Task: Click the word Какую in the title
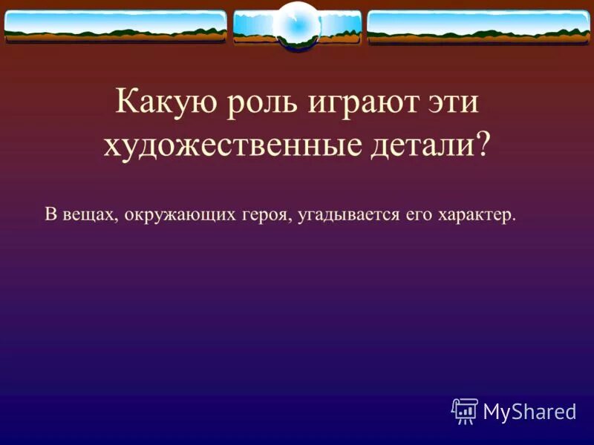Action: coord(158,102)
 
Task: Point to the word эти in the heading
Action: coord(453,102)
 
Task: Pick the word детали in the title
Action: coord(420,144)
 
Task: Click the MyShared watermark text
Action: coord(529,411)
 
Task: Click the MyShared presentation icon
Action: coord(466,410)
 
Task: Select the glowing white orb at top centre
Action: coord(297,24)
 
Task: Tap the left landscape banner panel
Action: coord(115,26)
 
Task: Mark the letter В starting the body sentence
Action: coord(50,215)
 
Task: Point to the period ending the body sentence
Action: coord(514,220)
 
